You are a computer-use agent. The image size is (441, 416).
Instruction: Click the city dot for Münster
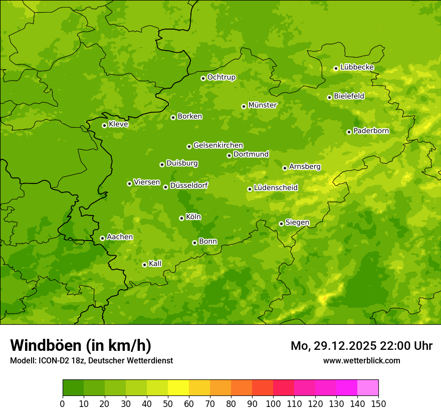coord(244,106)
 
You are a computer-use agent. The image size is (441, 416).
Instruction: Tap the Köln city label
coord(193,217)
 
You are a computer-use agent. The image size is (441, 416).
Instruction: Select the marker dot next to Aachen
coord(102,238)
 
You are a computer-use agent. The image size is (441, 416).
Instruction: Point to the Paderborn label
coord(371,131)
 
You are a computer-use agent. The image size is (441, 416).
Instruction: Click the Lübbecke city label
coord(357,67)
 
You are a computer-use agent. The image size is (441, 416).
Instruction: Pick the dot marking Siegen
coord(281,224)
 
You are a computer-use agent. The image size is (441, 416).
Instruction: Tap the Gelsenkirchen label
coord(218,145)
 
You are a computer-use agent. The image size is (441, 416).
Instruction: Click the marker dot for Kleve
coord(104,125)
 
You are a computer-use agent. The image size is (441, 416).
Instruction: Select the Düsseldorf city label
coord(189,185)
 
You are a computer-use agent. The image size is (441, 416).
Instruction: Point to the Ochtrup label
coord(221,77)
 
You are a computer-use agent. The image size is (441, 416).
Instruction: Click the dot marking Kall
coord(144,265)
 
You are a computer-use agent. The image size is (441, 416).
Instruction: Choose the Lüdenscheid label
coord(276,188)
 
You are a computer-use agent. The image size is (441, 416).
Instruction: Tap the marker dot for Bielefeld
coord(329,97)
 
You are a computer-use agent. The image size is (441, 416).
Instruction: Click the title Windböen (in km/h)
coord(81,345)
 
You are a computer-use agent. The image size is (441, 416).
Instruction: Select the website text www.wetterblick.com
coord(361,360)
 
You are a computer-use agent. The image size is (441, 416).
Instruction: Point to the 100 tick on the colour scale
coord(273,403)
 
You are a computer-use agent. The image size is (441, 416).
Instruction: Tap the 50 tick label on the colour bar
coord(168,403)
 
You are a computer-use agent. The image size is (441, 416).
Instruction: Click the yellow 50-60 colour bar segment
coord(178,387)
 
